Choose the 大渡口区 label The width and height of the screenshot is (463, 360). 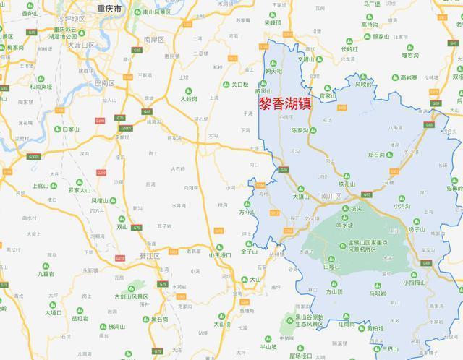point(82,45)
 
